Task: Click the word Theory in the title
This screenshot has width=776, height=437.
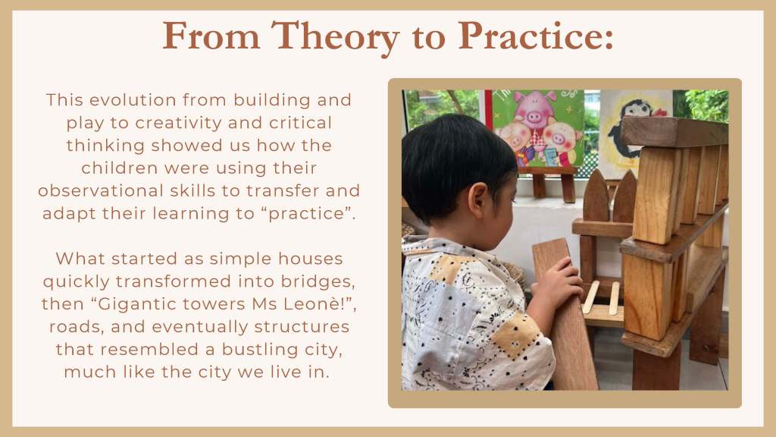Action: (x=335, y=36)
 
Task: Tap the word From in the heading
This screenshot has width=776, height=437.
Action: (x=211, y=36)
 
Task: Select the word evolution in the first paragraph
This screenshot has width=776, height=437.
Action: (x=133, y=99)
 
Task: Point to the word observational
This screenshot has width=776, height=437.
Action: (x=101, y=190)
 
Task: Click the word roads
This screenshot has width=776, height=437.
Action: (x=77, y=327)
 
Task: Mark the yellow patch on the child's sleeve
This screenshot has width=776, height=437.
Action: (x=515, y=335)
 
